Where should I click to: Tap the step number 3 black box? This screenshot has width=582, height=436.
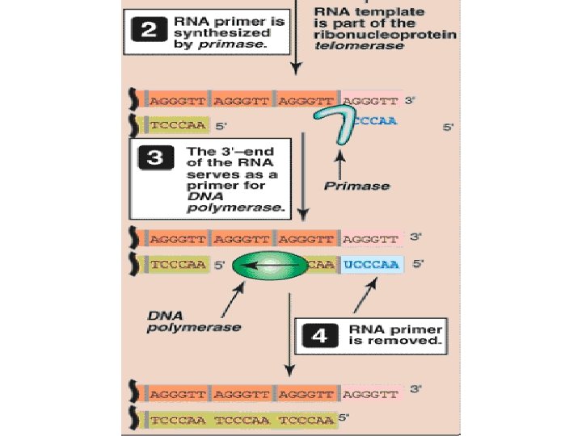coord(155,159)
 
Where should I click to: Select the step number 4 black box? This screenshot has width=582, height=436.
coord(318,336)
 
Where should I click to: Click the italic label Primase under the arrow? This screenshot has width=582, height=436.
coord(356,186)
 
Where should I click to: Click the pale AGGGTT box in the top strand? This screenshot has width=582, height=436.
coord(371,101)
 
